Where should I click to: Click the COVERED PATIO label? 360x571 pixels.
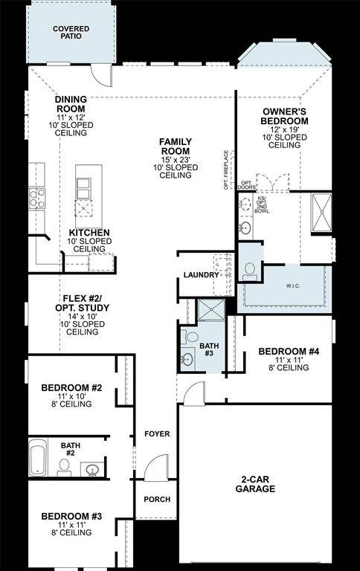coord(71,31)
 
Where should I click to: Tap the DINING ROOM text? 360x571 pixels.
coord(71,104)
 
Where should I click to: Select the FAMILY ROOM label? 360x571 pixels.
coord(176,146)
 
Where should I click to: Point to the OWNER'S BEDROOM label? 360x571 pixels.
coord(285,116)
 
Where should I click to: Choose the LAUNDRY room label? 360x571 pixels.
coord(201,275)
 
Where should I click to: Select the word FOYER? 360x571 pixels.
coord(157,433)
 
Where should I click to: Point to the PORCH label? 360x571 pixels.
coord(157,499)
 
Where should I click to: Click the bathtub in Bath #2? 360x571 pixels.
coord(37,458)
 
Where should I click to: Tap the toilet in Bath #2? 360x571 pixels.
coord(65,466)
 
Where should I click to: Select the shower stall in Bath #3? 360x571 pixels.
coord(210,312)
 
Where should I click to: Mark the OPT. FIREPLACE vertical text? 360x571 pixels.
coord(225,170)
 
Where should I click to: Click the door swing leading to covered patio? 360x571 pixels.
coord(100,74)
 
